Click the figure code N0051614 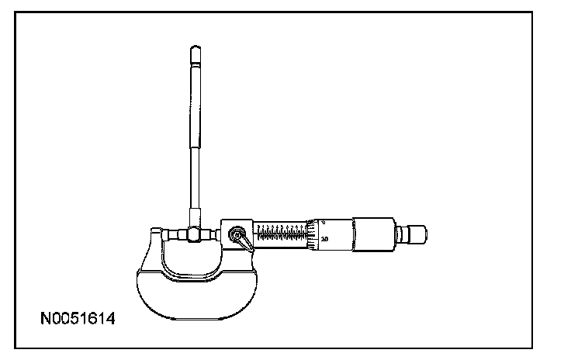pos(78,319)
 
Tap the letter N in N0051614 pos(47,319)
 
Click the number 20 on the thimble pos(324,239)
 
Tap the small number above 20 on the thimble pos(323,223)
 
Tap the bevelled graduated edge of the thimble pos(312,233)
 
